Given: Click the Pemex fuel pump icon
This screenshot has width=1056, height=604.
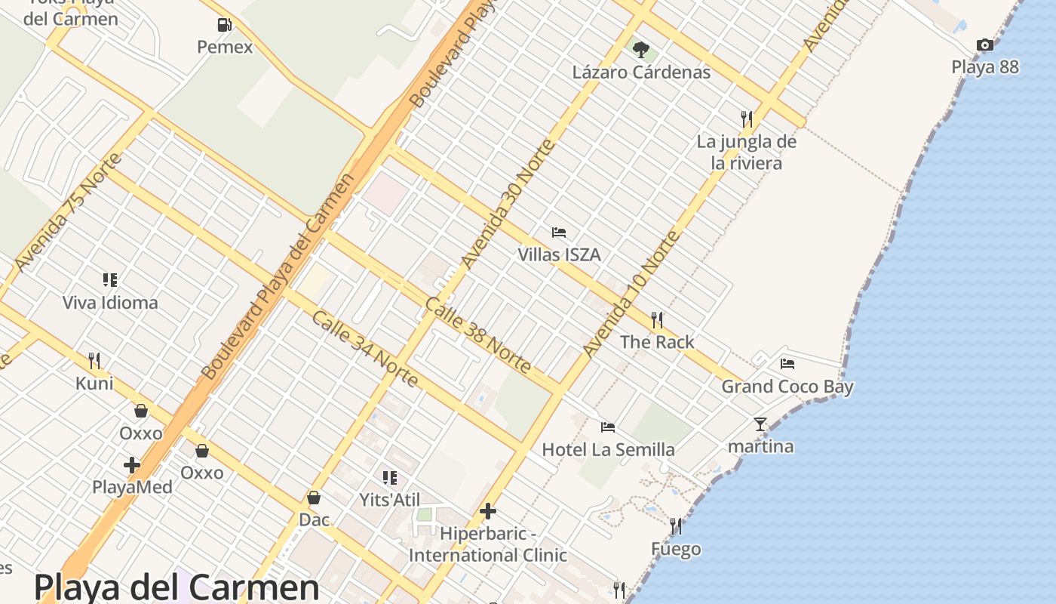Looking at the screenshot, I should click(x=224, y=25).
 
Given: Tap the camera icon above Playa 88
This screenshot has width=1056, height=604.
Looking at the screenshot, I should click(x=984, y=45).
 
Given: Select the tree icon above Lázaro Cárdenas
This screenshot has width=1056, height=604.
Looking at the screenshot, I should click(x=641, y=50).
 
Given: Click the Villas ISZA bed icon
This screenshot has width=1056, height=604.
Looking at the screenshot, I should click(x=559, y=233).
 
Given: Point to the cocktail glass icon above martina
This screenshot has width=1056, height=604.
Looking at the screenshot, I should click(x=760, y=424).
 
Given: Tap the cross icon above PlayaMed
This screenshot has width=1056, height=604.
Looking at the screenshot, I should click(x=132, y=464).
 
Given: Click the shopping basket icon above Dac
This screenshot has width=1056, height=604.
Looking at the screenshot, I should click(x=314, y=498).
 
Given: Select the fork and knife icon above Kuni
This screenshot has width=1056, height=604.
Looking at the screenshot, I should click(x=94, y=360).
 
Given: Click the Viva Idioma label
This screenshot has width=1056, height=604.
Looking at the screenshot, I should click(x=110, y=303).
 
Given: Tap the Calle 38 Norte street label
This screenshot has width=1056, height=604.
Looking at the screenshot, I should click(x=477, y=335).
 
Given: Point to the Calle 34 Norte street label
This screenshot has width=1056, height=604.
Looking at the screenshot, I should click(x=364, y=349).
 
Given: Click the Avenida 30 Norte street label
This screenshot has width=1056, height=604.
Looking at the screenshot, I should click(x=508, y=204).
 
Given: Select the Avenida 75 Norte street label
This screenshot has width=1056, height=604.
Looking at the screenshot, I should click(x=67, y=212).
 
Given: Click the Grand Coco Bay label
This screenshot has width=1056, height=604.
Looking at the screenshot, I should click(x=787, y=387).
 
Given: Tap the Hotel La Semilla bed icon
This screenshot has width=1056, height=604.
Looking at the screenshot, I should click(x=608, y=427).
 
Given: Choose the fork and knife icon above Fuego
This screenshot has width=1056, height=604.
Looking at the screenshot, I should click(x=676, y=526).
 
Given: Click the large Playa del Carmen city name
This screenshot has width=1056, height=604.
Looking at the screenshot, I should click(x=177, y=587).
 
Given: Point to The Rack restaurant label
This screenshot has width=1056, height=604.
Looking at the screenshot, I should click(x=657, y=342).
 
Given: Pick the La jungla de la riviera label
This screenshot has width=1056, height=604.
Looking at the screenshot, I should click(x=747, y=152).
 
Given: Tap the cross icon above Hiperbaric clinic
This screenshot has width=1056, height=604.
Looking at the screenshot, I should click(x=488, y=511).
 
